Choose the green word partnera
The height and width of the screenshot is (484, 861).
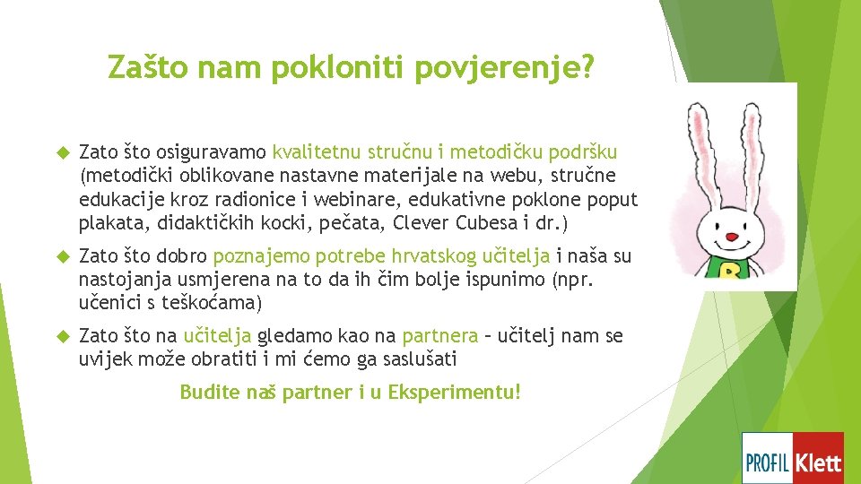coord(440,336)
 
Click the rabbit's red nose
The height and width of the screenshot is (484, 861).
coord(733,238)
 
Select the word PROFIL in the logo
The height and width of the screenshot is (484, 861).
coord(768,462)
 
